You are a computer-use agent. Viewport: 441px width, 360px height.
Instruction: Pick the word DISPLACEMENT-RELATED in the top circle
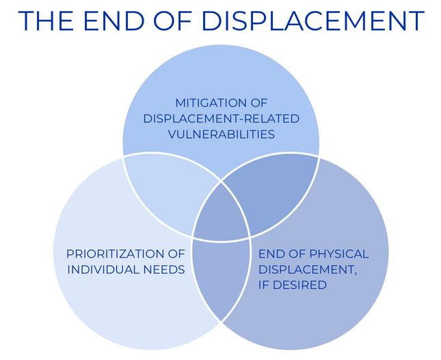[x=221, y=119]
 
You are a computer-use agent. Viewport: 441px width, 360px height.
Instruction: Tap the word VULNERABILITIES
[x=221, y=134]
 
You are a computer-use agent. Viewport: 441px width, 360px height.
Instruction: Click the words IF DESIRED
[x=292, y=284]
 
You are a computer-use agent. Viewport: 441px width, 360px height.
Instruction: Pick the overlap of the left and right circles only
[x=221, y=280]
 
